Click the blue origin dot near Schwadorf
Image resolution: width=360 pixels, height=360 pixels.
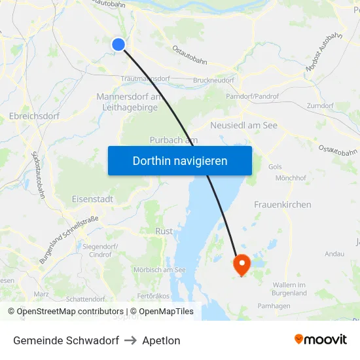click(x=118, y=45)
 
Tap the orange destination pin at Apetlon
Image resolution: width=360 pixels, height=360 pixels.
click(x=242, y=264)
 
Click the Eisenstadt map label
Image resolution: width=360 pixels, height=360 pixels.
click(x=92, y=199)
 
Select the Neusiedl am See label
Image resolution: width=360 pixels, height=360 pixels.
click(x=243, y=125)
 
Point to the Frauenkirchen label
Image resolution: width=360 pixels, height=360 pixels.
click(x=282, y=205)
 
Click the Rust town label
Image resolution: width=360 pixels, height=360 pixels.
click(x=164, y=231)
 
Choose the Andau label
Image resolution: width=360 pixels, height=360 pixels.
click(x=334, y=253)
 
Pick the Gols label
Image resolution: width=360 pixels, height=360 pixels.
click(x=275, y=167)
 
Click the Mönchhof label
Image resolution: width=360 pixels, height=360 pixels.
click(x=291, y=177)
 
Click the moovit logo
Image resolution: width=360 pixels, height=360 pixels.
click(x=320, y=339)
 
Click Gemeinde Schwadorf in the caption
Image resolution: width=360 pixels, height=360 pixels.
click(x=66, y=340)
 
